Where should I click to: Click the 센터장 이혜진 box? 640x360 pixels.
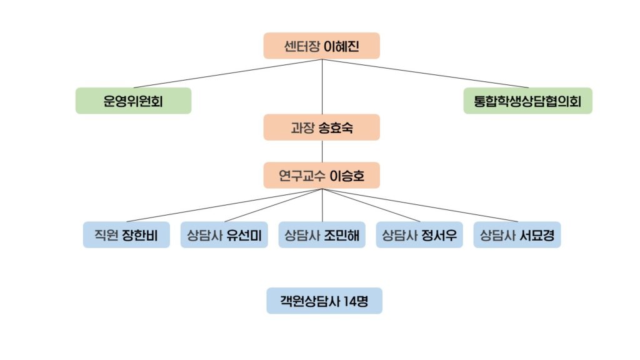coord(322,46)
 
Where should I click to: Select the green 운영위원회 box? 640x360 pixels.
coord(133,101)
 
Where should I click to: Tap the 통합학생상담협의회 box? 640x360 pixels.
coord(527,101)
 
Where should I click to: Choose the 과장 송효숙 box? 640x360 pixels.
coord(322,127)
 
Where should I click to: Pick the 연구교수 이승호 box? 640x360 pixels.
coord(322,176)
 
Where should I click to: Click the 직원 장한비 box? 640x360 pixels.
coord(126,236)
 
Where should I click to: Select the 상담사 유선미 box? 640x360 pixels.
coord(224,236)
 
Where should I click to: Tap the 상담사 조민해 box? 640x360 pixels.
coord(322,236)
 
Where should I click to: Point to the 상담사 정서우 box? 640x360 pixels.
coord(419,236)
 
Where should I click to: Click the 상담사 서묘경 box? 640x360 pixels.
coord(517,236)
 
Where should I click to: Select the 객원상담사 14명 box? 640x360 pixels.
coord(324,301)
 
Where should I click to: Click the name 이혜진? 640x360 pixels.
coord(342,46)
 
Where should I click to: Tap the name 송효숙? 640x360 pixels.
coord(336,127)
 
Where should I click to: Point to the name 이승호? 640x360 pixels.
coord(346,176)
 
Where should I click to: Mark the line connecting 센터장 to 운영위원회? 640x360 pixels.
coord(228,74)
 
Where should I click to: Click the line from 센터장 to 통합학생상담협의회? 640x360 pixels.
coord(425,74)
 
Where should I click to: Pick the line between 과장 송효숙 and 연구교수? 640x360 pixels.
coord(322,152)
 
